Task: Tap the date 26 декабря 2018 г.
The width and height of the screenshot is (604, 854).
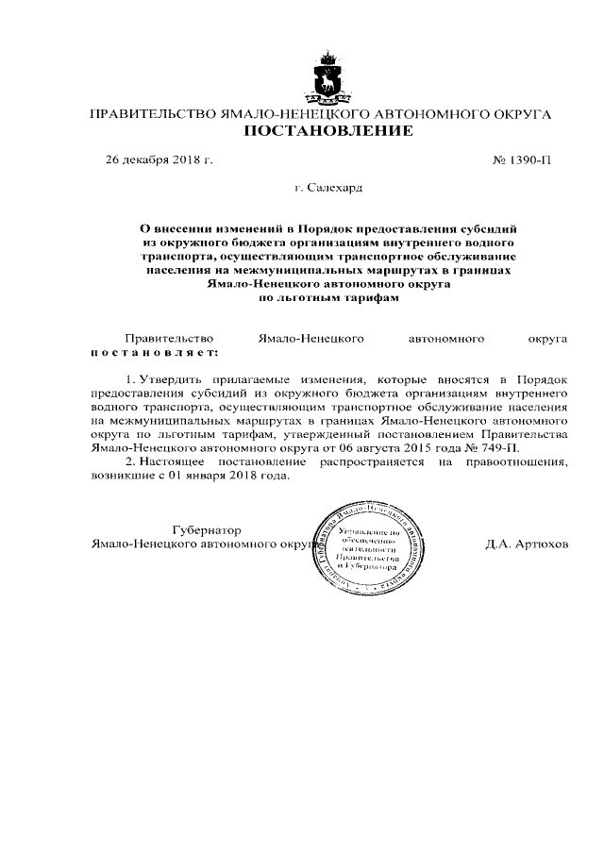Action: click(x=159, y=160)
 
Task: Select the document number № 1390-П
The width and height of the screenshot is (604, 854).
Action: click(x=522, y=160)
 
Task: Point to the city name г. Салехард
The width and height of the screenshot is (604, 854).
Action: click(x=327, y=189)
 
